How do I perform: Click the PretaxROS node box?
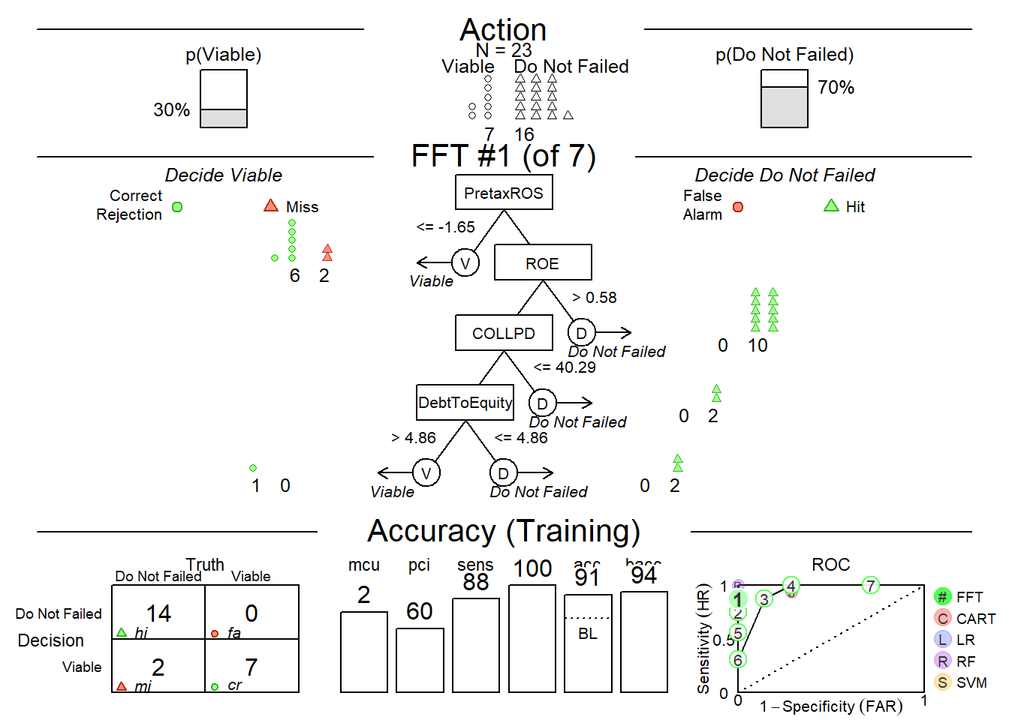pos(504,193)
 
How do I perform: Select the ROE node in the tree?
pos(543,263)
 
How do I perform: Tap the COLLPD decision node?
pos(504,333)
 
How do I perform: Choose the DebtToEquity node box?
pos(465,403)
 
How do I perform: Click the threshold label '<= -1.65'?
pos(446,227)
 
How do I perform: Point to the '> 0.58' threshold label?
pos(595,298)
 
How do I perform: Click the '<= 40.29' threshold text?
pos(565,367)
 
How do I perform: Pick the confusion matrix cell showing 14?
pos(158,613)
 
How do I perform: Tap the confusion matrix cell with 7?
pos(251,666)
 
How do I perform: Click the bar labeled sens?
pos(476,644)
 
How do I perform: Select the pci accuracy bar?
pos(420,659)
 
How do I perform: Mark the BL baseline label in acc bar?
pos(588,634)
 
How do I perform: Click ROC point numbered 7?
pos(870,585)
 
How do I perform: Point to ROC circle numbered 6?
pos(738,660)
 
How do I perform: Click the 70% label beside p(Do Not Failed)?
pos(836,88)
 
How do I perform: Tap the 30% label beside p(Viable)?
pos(172,110)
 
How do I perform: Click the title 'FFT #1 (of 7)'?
pos(503,156)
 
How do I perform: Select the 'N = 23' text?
pos(504,50)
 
